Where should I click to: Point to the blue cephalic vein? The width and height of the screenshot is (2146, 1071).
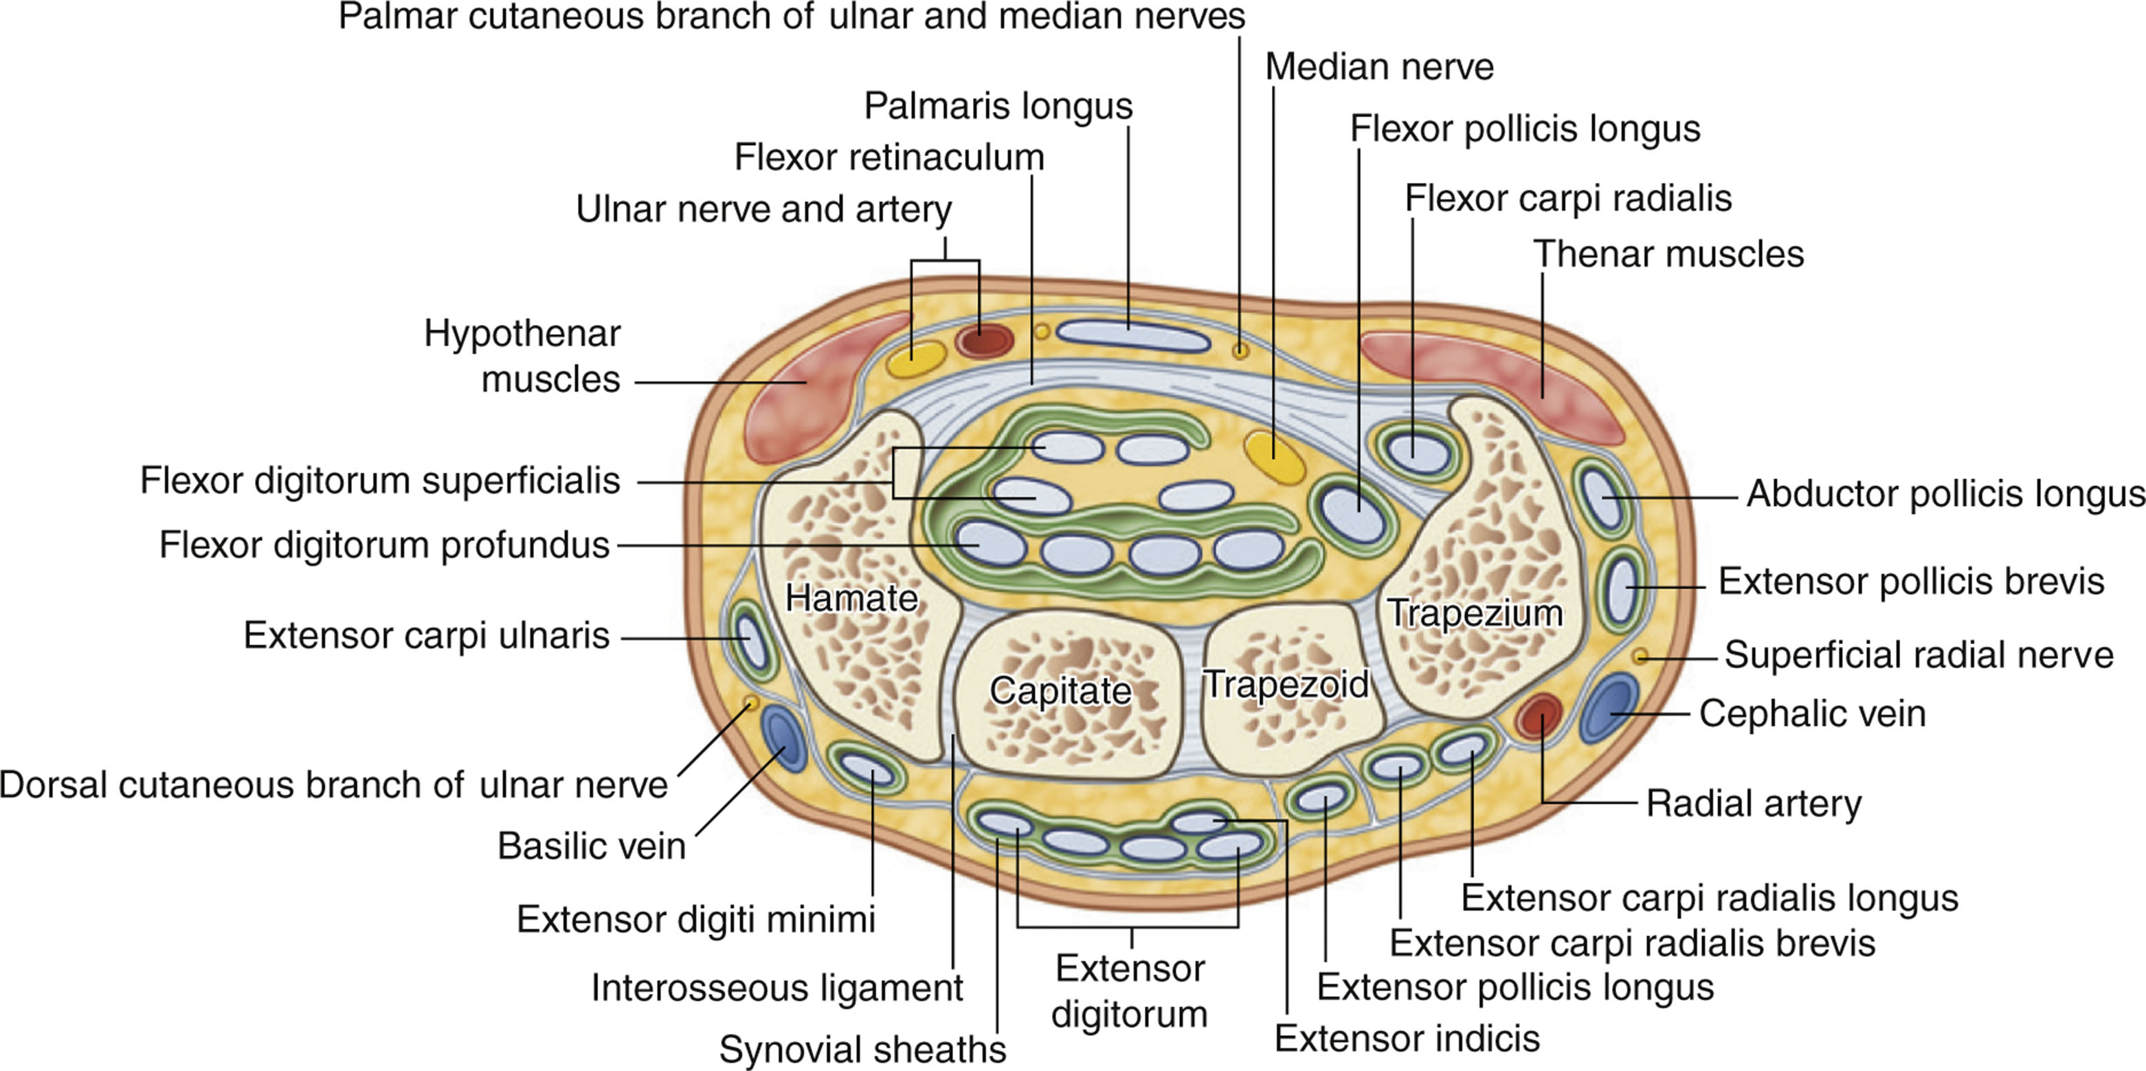1609,709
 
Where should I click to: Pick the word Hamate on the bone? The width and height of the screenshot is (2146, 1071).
851,597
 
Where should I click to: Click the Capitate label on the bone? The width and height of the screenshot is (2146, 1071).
1060,690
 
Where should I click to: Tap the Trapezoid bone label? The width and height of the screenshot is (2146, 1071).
1286,684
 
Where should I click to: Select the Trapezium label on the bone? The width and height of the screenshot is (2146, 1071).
1475,612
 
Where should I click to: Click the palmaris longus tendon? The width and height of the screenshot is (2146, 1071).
1133,337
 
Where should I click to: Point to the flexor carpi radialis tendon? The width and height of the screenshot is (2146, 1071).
1416,452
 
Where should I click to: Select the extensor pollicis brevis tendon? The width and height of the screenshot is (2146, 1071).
1621,588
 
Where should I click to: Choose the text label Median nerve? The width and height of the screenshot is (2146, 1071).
1378,67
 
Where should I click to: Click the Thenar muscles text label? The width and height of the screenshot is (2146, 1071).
1668,254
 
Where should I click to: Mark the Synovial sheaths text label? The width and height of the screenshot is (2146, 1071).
862,1049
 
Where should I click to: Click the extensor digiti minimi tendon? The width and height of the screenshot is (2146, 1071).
868,772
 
